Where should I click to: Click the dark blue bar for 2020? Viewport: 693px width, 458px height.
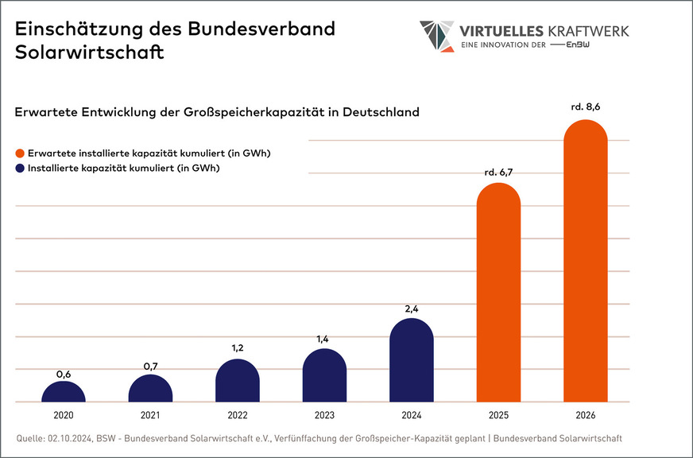click(64, 391)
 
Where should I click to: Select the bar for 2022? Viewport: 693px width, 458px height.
click(238, 381)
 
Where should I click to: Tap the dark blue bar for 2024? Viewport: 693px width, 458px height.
click(412, 361)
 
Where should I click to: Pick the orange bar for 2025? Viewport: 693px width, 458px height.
click(498, 294)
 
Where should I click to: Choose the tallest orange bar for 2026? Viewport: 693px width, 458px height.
click(585, 262)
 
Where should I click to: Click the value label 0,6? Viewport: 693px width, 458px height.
click(64, 374)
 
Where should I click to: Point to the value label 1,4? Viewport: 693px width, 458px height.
click(324, 339)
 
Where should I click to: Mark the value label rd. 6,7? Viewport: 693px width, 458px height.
click(498, 172)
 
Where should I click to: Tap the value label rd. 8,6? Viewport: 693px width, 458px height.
click(585, 107)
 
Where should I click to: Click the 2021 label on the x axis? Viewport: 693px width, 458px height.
click(150, 416)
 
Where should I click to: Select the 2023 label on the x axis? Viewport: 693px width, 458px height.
click(324, 416)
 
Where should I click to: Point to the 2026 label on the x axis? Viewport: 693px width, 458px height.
click(585, 416)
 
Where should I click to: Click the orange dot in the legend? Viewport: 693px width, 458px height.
click(19, 153)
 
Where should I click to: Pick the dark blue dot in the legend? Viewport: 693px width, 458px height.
click(19, 169)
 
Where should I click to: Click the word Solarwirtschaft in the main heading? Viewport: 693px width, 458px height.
click(90, 53)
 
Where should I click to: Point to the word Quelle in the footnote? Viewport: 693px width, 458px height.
click(30, 438)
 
